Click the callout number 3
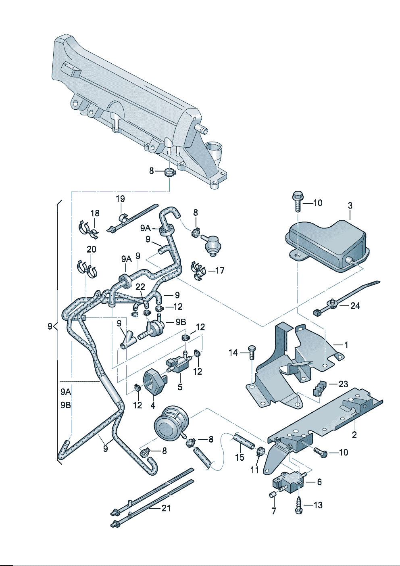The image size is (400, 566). pos(350,205)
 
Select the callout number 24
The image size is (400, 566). pos(355,306)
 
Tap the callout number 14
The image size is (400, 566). pos(233,353)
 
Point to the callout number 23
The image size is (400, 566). pos(343,384)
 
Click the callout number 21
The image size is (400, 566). pos(166,508)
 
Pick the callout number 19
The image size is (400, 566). pos(121,198)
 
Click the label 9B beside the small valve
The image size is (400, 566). pos(181,322)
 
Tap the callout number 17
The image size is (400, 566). pos(220,271)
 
